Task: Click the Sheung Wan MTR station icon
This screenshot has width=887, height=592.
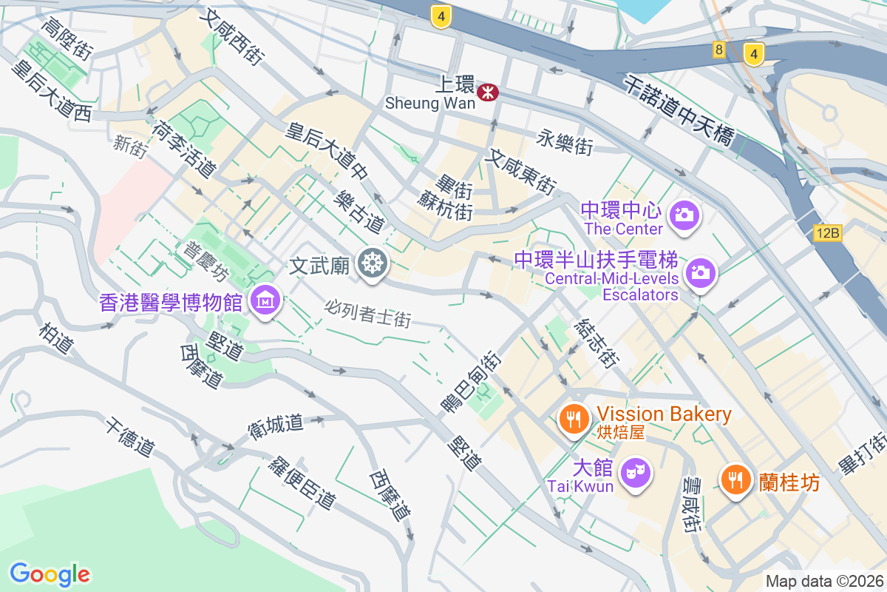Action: click(x=488, y=92)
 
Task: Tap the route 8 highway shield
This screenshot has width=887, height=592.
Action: click(x=718, y=50)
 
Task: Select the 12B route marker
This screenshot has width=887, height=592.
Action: click(x=828, y=233)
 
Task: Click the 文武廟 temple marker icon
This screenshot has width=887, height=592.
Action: click(x=371, y=263)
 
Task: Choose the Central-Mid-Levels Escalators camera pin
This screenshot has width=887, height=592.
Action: click(x=700, y=272)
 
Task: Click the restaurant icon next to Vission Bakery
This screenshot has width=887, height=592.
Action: click(x=572, y=420)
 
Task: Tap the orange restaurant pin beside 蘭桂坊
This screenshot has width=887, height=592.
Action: click(x=735, y=480)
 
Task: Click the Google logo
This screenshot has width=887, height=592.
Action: click(x=50, y=573)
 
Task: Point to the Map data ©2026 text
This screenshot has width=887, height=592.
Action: click(x=824, y=581)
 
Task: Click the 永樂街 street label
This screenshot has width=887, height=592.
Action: click(x=565, y=142)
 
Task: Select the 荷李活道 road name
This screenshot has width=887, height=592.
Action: click(x=183, y=149)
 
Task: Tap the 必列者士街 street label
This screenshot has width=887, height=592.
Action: click(x=367, y=313)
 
